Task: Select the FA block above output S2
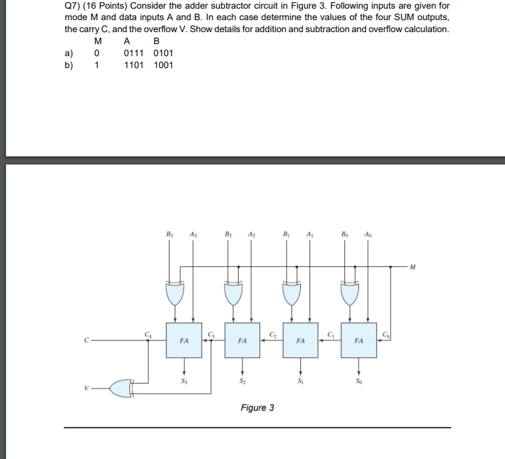click(242, 341)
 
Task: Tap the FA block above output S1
click(300, 341)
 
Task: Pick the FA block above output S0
click(358, 341)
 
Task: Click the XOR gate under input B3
click(174, 294)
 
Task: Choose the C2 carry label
click(272, 333)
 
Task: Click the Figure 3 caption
click(257, 407)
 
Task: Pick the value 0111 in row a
click(133, 53)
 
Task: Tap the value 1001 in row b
click(163, 65)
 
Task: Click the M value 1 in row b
click(97, 65)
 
